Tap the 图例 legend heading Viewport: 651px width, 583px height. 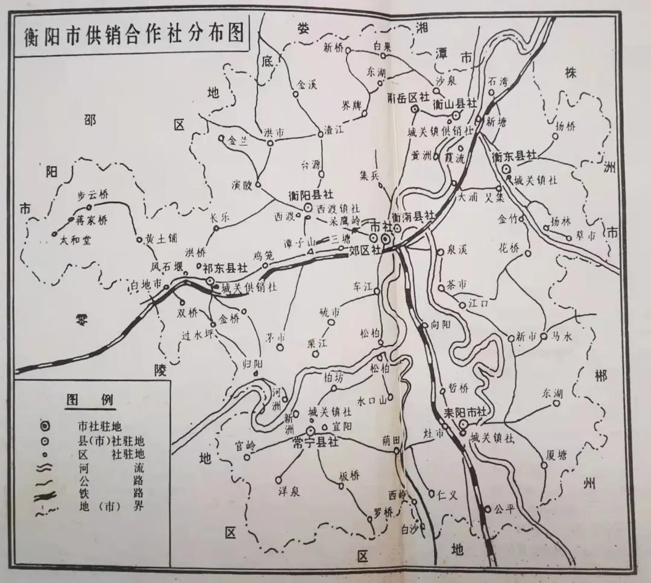click(x=91, y=399)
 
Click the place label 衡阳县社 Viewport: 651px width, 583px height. click(x=311, y=195)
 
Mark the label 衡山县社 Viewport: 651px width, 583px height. click(x=456, y=104)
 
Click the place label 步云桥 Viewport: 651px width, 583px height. click(x=95, y=195)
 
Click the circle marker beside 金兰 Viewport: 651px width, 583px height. click(x=222, y=138)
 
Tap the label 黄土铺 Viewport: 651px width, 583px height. click(x=161, y=238)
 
